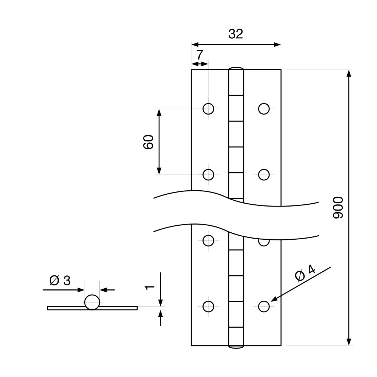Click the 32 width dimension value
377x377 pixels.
click(236, 34)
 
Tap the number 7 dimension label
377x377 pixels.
click(199, 55)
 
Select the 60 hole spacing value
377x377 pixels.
click(148, 142)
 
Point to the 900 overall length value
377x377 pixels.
click(338, 208)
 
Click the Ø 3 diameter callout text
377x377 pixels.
click(60, 281)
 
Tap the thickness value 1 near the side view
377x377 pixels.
click(149, 286)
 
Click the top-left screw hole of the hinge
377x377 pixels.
click(208, 109)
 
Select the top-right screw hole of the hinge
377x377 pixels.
click(264, 109)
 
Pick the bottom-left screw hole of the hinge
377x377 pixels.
click(208, 306)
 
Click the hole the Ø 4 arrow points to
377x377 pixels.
click(264, 306)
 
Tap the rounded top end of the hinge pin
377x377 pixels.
click(236, 69)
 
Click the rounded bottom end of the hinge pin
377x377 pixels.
click(236, 346)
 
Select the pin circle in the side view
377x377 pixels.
click(92, 302)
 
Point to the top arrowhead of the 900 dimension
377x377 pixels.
click(349, 73)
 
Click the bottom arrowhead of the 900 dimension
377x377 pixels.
click(349, 342)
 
